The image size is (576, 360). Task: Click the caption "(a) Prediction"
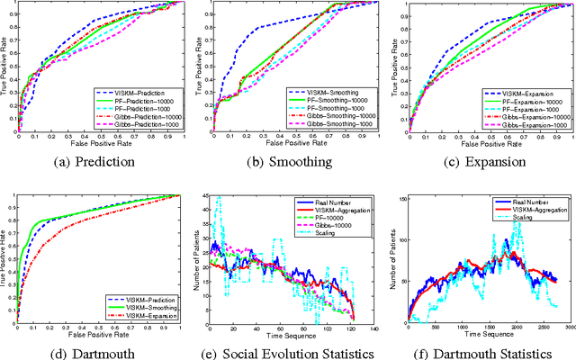tap(99, 163)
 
